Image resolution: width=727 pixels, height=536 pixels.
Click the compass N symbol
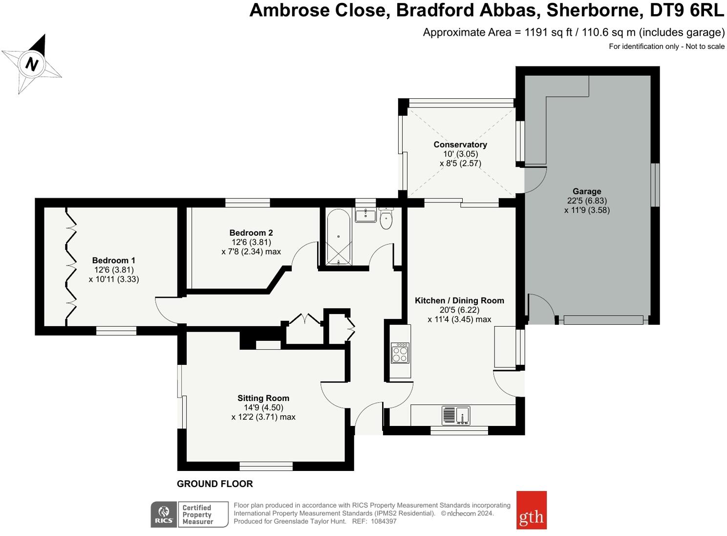click(31, 64)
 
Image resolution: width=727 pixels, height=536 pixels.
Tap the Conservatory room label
click(460, 145)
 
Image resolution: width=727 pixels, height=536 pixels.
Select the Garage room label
click(587, 191)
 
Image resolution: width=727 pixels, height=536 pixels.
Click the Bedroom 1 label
click(113, 260)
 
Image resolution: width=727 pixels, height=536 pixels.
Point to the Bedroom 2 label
click(251, 233)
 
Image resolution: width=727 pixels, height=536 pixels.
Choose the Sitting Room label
click(263, 398)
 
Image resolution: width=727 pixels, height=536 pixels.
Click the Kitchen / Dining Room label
click(460, 300)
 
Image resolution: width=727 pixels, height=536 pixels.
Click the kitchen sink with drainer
click(456, 416)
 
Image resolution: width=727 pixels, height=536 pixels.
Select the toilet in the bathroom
click(386, 218)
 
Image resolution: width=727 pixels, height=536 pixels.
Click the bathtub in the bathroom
click(339, 237)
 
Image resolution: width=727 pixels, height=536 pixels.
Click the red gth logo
click(532, 510)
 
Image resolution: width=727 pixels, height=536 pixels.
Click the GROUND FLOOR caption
click(215, 484)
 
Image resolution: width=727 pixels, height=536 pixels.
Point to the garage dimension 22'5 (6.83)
click(587, 201)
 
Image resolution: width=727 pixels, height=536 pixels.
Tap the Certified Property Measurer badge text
click(197, 514)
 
